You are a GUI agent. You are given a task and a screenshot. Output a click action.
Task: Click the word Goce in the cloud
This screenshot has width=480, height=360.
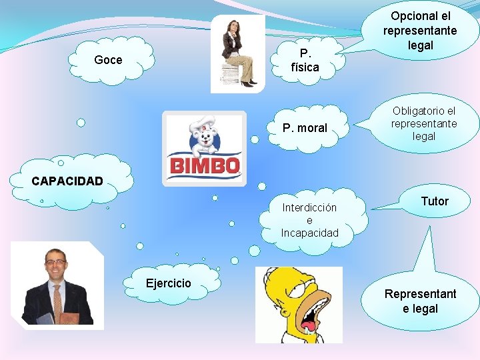click(x=108, y=60)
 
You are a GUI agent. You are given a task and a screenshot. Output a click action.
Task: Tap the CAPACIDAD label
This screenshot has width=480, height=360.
click(x=67, y=181)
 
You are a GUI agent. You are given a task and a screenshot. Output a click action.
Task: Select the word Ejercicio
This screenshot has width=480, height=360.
click(x=168, y=283)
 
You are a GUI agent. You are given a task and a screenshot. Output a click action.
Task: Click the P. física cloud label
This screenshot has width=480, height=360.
click(x=305, y=60)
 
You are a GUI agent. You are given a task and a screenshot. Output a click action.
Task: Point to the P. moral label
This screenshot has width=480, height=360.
click(x=305, y=128)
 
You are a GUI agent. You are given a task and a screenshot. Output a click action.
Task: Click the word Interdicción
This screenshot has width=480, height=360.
click(x=309, y=207)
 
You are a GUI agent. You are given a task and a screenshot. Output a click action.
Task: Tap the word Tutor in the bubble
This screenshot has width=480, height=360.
click(x=435, y=201)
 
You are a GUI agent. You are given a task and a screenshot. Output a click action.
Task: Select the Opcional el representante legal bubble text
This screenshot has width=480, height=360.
click(x=420, y=31)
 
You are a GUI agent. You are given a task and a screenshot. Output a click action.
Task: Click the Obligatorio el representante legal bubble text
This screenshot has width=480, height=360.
click(x=424, y=123)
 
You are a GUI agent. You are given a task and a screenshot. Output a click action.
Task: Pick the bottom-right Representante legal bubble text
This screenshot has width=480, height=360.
click(x=420, y=301)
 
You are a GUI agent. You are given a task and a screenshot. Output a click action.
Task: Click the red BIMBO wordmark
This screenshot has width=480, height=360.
click(x=205, y=165)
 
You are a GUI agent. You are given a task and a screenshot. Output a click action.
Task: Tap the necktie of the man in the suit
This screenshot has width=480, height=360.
click(x=57, y=300)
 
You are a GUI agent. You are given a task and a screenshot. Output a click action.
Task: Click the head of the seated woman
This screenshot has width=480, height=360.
click(x=234, y=27)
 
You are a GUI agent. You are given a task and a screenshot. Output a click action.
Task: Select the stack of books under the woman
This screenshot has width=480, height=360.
click(x=230, y=73)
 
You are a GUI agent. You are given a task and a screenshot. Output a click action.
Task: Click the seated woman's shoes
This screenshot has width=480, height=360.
click(x=249, y=83)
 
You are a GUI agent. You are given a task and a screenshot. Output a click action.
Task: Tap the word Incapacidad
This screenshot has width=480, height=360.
click(x=309, y=233)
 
